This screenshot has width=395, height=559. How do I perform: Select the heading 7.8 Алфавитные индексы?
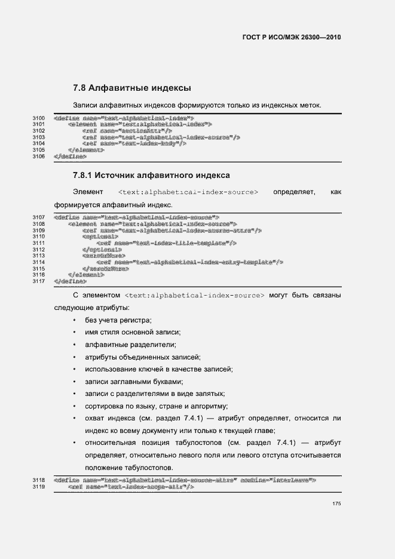[131, 88]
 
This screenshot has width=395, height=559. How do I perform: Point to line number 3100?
[39, 118]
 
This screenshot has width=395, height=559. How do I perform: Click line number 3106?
[39, 156]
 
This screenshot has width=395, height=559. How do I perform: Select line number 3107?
[39, 217]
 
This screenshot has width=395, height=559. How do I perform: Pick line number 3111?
[39, 243]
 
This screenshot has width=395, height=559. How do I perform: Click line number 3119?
[39, 487]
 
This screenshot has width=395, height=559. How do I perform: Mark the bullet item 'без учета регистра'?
[118, 321]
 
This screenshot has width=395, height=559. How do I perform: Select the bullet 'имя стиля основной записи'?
[133, 333]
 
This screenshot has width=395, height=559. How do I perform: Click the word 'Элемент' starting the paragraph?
[88, 192]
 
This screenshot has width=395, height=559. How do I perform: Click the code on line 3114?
[189, 262]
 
